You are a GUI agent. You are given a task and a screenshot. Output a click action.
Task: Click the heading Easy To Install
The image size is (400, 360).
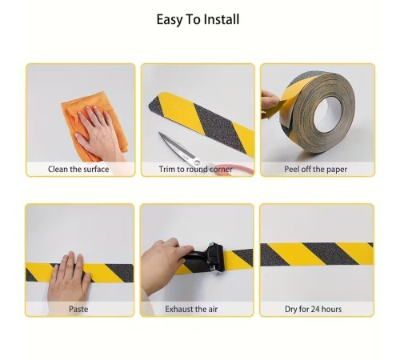(x=198, y=20)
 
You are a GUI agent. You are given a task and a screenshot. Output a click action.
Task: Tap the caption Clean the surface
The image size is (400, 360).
(x=78, y=169)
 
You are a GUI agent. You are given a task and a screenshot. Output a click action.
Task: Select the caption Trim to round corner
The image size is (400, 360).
(x=196, y=169)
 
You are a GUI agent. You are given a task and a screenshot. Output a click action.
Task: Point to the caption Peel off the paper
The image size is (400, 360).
(x=315, y=169)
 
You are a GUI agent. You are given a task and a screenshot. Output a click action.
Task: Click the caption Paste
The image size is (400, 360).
(x=78, y=309)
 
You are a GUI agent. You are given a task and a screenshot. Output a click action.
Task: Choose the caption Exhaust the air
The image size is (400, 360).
(x=191, y=309)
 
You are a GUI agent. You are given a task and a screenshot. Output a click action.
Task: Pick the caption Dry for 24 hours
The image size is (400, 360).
(x=313, y=309)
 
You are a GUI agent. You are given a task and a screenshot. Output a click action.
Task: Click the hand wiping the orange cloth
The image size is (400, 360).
(x=98, y=134)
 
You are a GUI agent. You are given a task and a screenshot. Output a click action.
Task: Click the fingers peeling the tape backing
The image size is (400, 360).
(x=270, y=102)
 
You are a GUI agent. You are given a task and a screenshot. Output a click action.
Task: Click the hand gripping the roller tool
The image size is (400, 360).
(x=163, y=264)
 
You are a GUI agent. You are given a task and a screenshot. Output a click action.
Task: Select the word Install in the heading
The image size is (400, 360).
(x=222, y=20)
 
